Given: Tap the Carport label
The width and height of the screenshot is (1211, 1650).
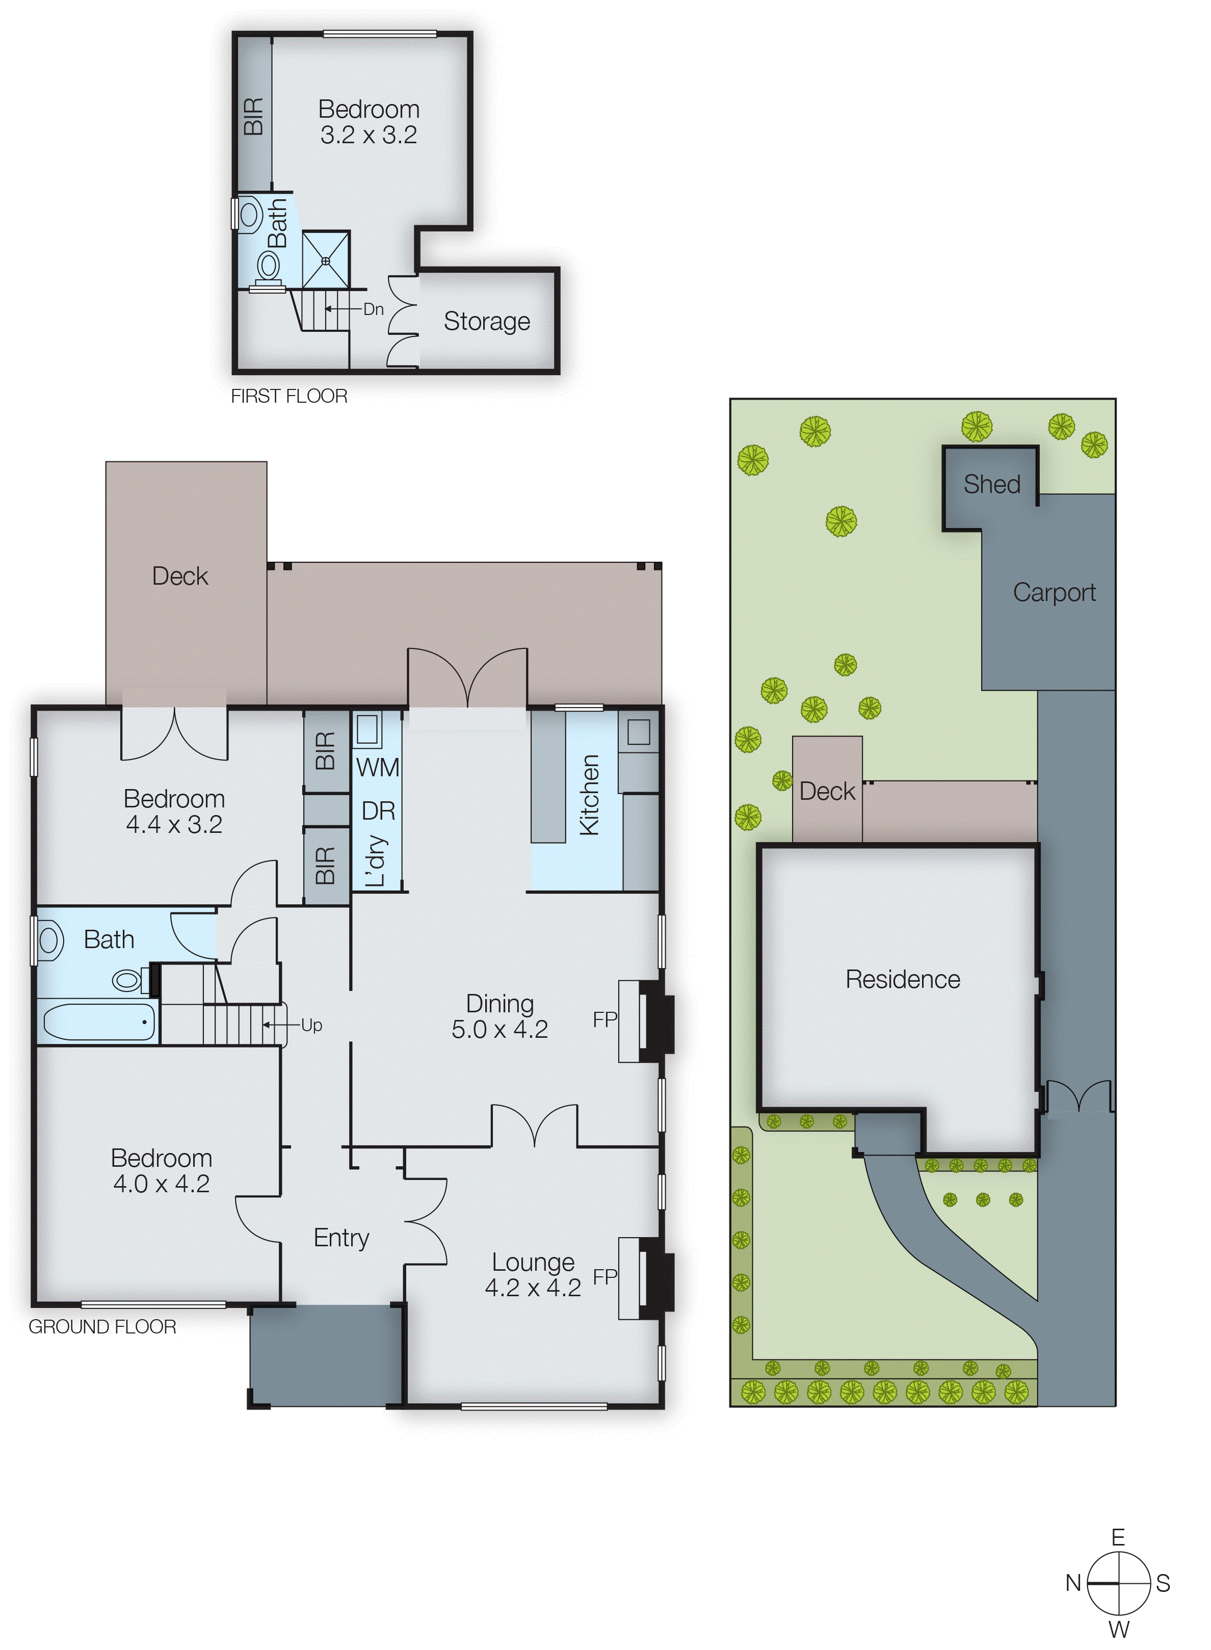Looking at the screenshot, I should [x=1054, y=592].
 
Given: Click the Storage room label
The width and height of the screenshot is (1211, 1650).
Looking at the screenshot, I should [x=487, y=321].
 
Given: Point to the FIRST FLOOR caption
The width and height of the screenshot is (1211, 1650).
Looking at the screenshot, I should [x=289, y=396].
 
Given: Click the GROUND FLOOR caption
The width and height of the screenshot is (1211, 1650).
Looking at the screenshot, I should [x=102, y=1327].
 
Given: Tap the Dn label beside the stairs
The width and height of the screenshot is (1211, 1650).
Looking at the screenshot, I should [x=373, y=309].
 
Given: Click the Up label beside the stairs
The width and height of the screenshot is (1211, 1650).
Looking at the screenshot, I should [x=311, y=1026].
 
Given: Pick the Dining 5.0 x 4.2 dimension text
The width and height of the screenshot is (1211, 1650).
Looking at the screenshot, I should [x=499, y=1029].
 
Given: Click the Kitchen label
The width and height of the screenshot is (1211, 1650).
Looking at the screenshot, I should [x=589, y=795].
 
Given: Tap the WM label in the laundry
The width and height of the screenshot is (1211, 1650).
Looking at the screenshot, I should [x=378, y=768].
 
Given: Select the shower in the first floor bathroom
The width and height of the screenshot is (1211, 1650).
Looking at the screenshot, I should [x=326, y=259].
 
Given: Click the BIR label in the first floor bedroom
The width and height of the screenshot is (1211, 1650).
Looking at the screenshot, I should [x=253, y=117].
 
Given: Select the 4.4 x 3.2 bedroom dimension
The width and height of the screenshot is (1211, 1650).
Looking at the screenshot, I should [x=174, y=825].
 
